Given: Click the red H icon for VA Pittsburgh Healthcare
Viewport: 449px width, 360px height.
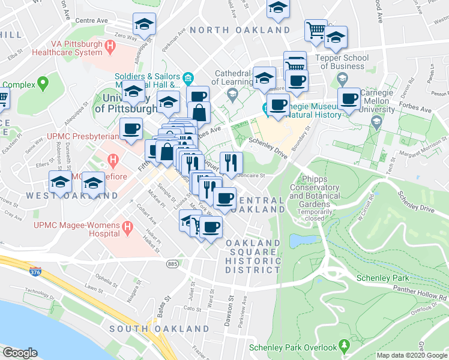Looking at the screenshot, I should (x=110, y=46).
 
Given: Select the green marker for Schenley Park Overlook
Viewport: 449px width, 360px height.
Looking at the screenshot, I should (x=344, y=347).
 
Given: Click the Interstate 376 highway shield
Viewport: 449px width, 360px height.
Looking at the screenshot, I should (x=35, y=272).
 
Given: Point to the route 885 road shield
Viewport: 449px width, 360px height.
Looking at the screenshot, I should (x=173, y=263).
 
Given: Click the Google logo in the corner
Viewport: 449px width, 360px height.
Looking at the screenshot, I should (x=20, y=353).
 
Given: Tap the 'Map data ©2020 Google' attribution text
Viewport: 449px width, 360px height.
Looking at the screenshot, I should (x=412, y=355).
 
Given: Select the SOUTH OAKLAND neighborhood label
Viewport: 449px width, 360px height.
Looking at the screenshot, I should (x=159, y=329).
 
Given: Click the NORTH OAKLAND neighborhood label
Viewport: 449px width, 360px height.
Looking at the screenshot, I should (x=240, y=30).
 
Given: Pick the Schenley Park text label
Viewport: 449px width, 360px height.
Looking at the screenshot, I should (x=382, y=278).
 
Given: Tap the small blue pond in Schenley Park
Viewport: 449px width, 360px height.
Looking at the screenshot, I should (x=303, y=241).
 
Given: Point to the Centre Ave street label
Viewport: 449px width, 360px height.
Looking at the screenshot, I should (x=91, y=20).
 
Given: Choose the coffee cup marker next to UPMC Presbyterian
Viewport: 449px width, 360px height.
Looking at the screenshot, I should (x=130, y=128).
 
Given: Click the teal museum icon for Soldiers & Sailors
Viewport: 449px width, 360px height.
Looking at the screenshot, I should (x=188, y=77).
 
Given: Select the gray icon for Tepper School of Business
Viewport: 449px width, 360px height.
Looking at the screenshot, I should (x=342, y=78).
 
